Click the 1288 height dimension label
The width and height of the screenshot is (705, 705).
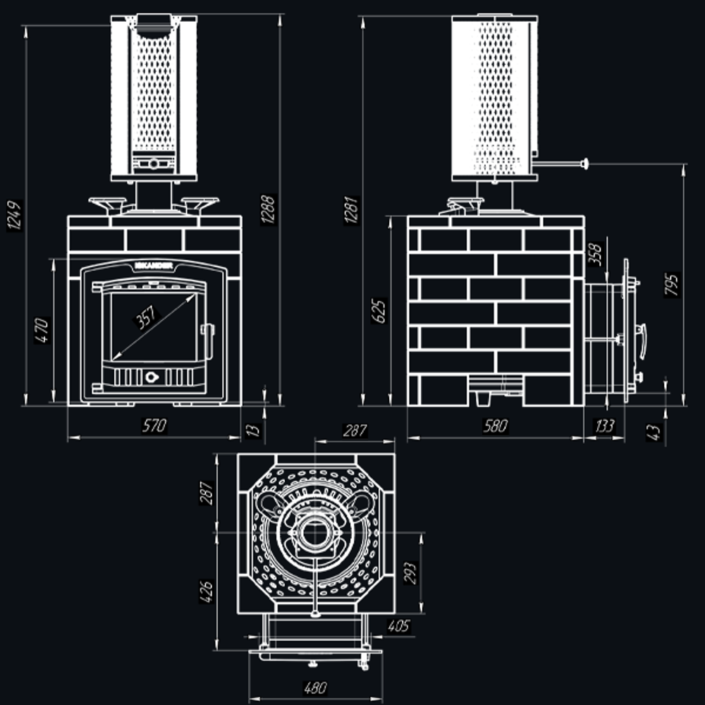coord(268,209)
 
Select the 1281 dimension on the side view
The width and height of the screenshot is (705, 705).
coord(352,209)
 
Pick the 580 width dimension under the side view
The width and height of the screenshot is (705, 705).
coord(496,426)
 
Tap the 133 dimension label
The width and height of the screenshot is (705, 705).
coord(605,426)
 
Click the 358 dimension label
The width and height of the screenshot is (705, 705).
coord(594,254)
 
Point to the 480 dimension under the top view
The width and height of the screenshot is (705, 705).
coord(314,688)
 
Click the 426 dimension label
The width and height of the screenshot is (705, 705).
coord(205,590)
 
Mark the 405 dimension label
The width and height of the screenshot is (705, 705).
coord(398,625)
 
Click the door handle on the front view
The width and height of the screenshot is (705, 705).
coord(209,330)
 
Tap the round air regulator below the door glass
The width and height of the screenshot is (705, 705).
coord(152,376)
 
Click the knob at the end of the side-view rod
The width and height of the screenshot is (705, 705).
coord(584,164)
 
